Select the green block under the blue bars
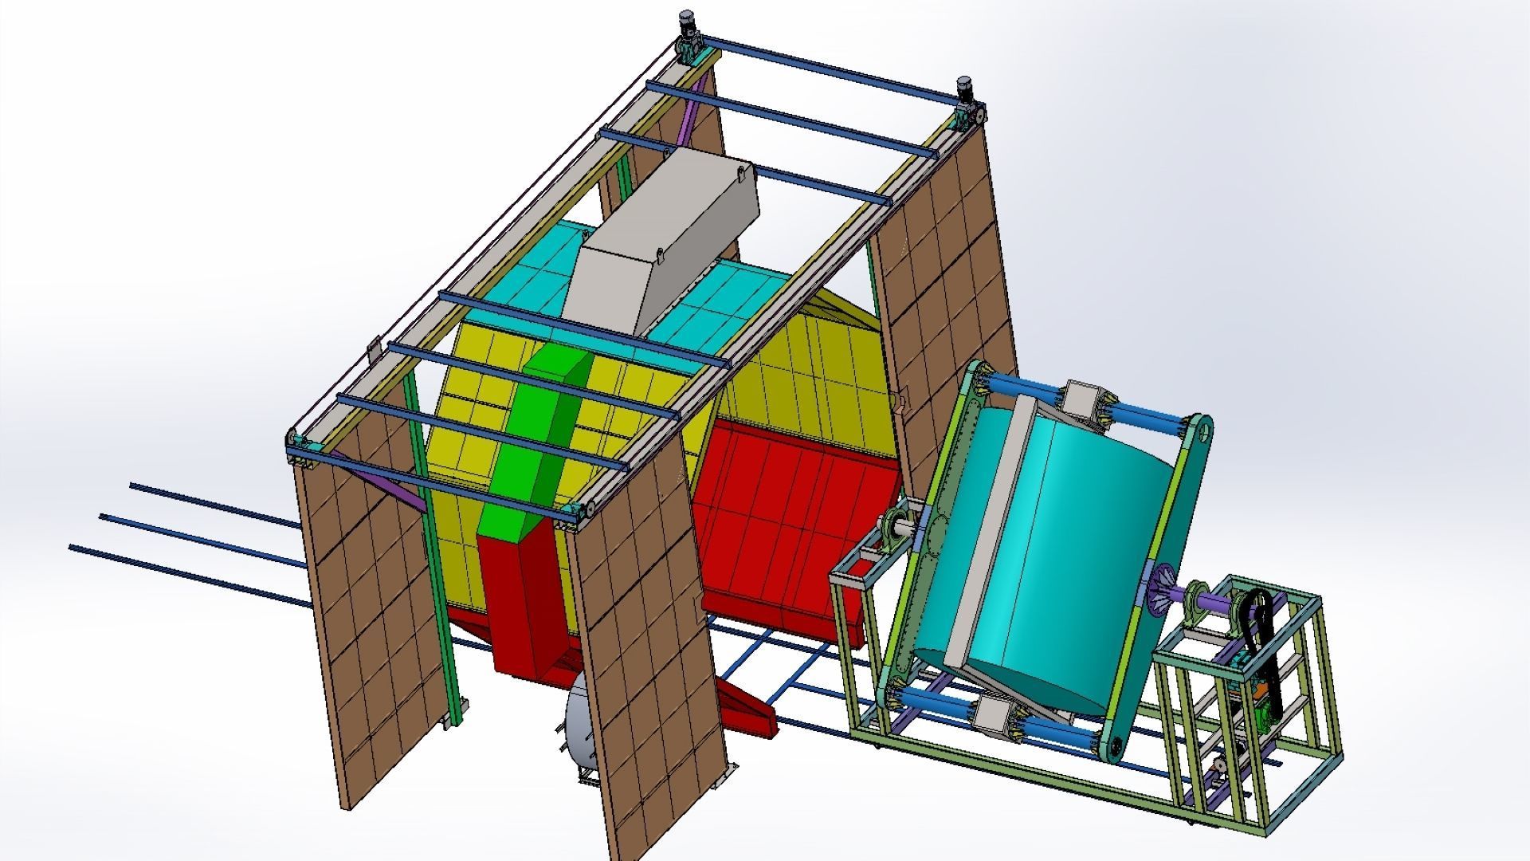pos(542,446)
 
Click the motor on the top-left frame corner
pos(687,26)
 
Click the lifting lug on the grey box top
pos(743,170)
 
